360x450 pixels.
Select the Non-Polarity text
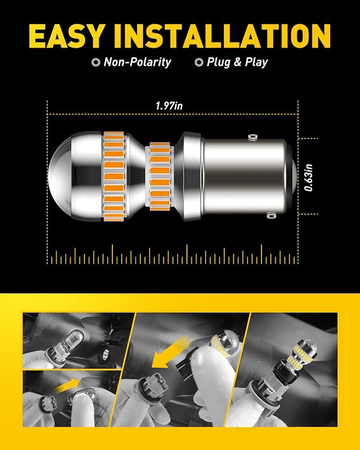tap(137, 62)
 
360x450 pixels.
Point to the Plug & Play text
tap(238, 62)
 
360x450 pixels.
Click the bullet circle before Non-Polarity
tap(95, 63)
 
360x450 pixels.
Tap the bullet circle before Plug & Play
tap(199, 63)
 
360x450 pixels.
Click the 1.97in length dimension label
tap(169, 106)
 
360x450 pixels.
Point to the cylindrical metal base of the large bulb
tap(244, 174)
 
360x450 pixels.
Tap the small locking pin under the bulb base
tap(273, 215)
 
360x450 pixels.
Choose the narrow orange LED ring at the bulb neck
tap(159, 174)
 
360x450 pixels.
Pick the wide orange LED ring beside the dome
tap(112, 174)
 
